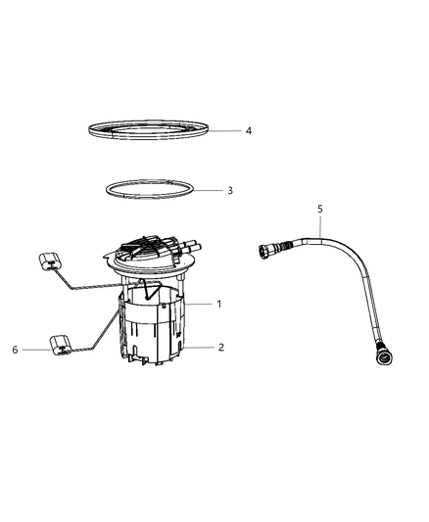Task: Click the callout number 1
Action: tap(219, 304)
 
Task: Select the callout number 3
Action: tap(229, 190)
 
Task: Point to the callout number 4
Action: tap(249, 130)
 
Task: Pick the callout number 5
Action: tap(318, 209)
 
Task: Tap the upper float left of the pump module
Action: tap(50, 262)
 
